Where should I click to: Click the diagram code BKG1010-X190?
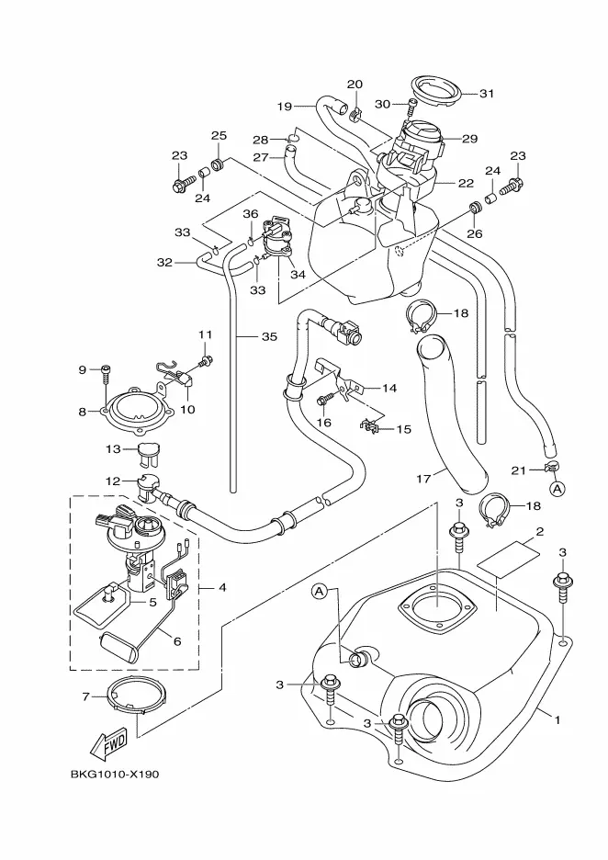pyautogui.click(x=113, y=774)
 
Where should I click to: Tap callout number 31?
pyautogui.click(x=487, y=93)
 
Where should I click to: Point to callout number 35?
pyautogui.click(x=268, y=337)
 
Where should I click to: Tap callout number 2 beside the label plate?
pyautogui.click(x=540, y=532)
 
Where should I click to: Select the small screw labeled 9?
pyautogui.click(x=107, y=371)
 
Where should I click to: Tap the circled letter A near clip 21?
pyautogui.click(x=557, y=488)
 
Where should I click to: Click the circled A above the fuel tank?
pyautogui.click(x=320, y=591)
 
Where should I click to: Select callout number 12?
pyautogui.click(x=111, y=481)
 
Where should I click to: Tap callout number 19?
pyautogui.click(x=286, y=106)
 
